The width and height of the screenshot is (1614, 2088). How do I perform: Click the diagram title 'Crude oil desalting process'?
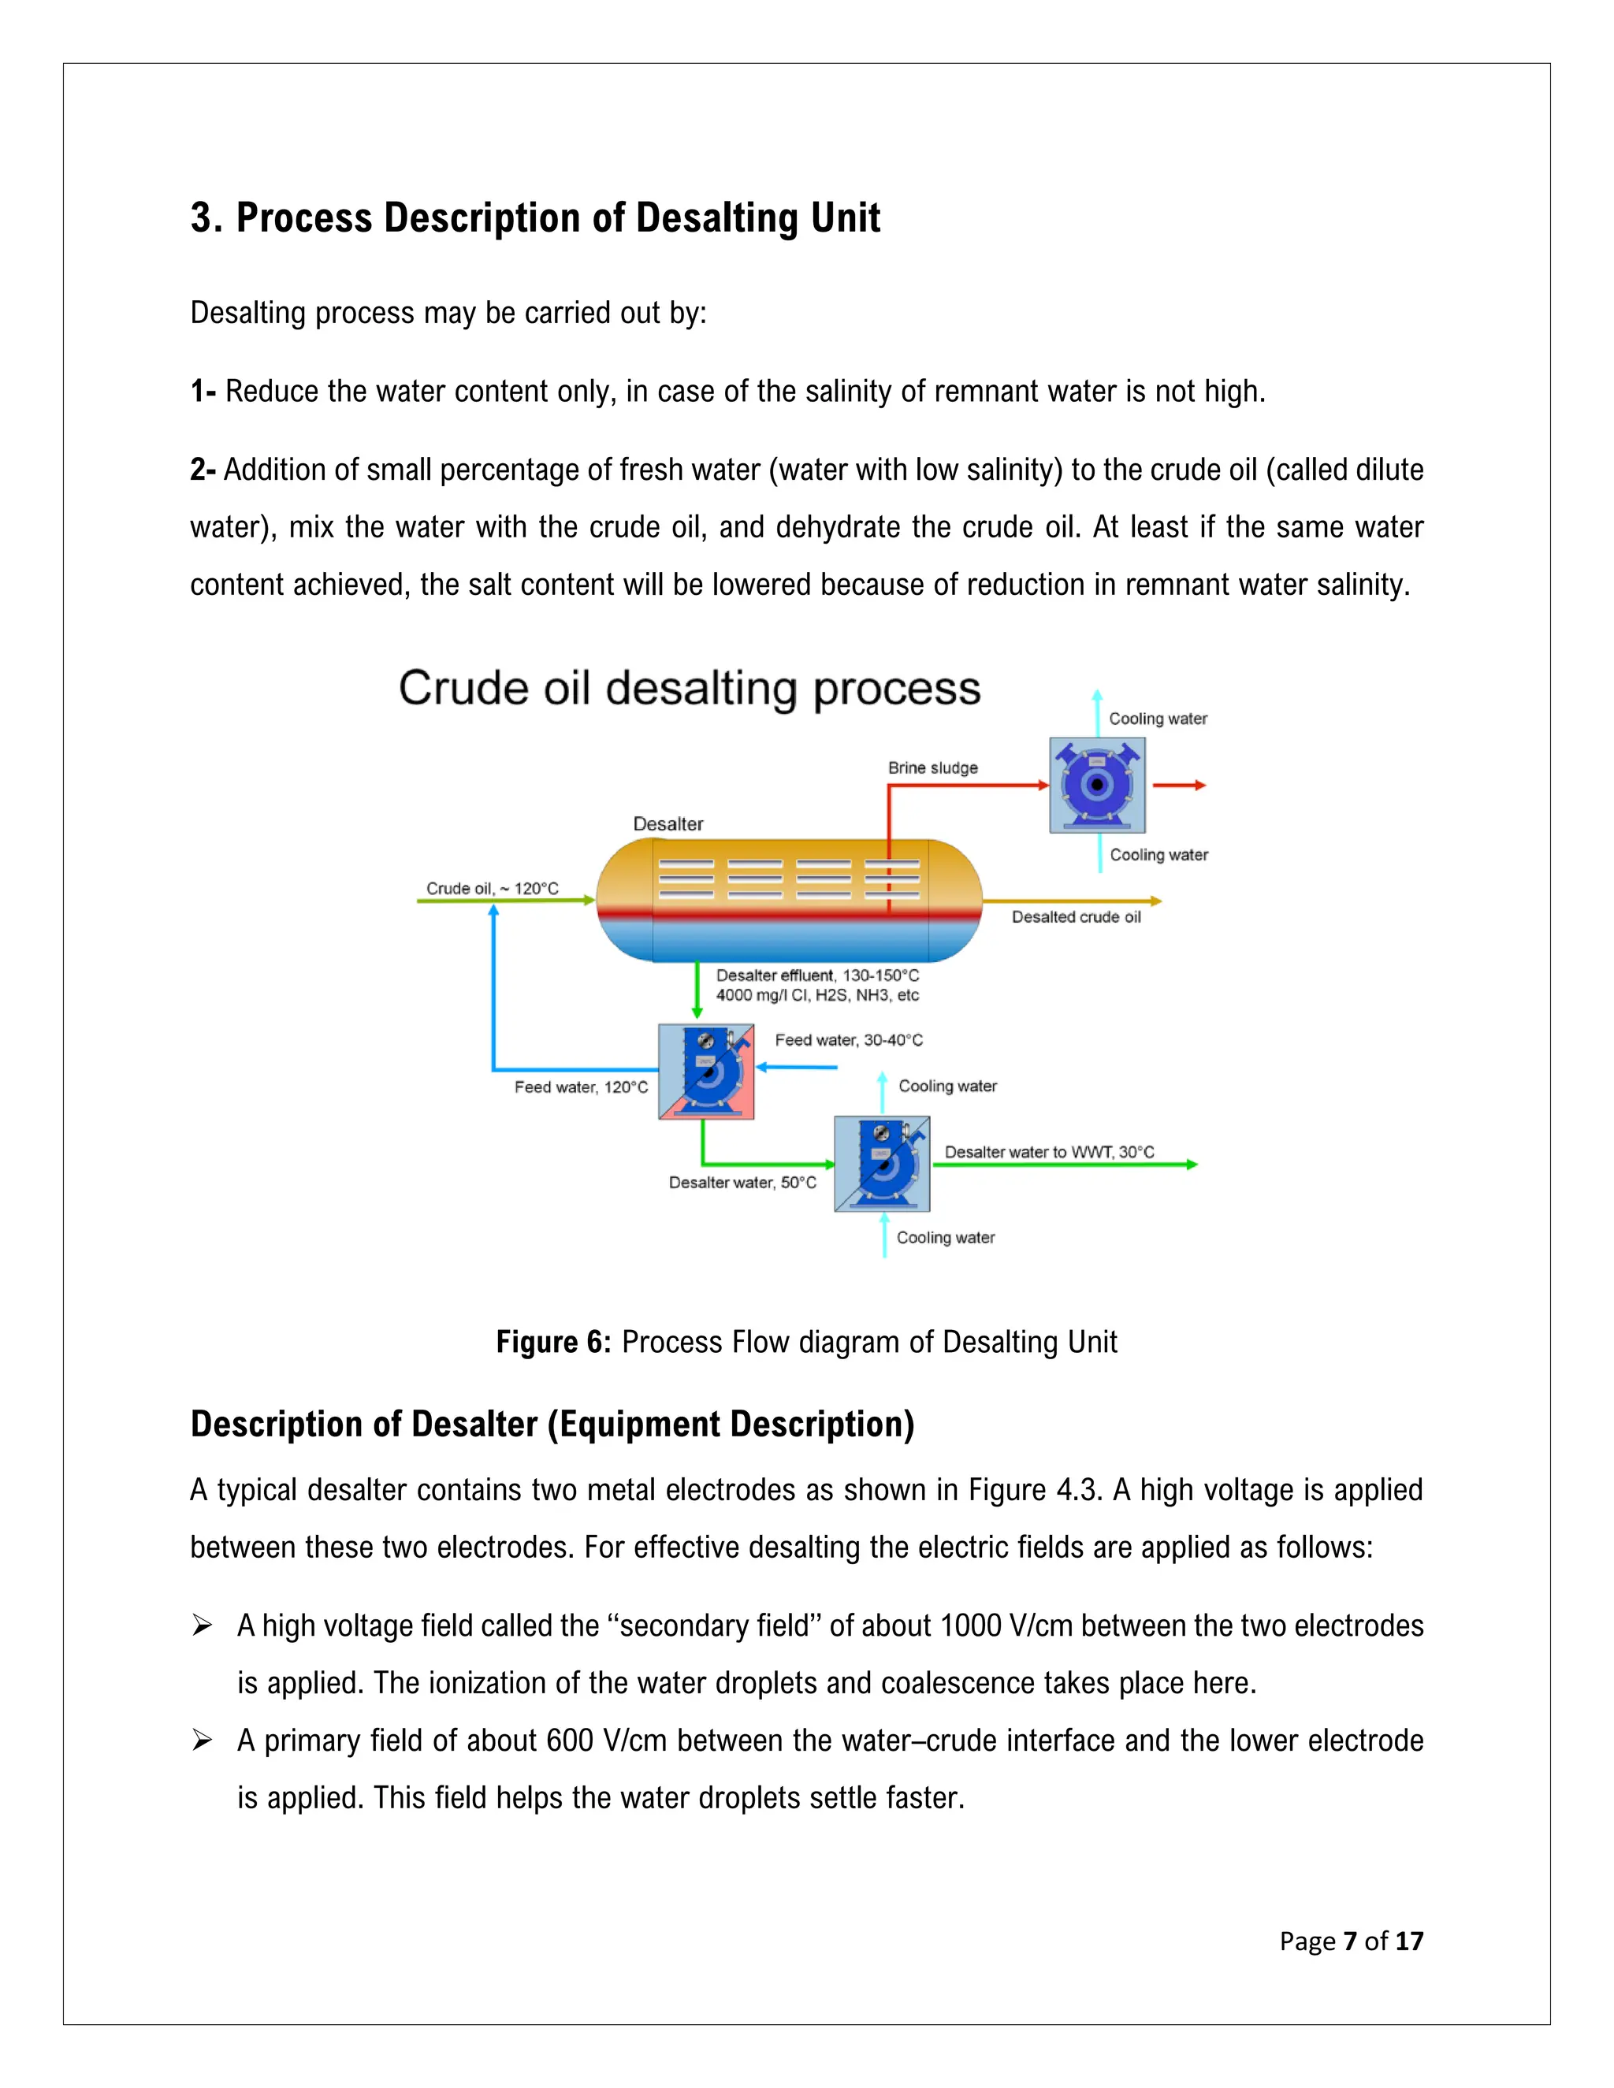click(x=690, y=689)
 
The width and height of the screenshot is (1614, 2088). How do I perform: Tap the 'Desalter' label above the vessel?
click(x=668, y=824)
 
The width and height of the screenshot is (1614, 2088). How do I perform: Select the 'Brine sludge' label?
click(x=932, y=767)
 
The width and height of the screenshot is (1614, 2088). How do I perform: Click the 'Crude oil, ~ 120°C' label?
click(x=492, y=888)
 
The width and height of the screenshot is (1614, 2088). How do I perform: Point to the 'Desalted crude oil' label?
click(x=1076, y=917)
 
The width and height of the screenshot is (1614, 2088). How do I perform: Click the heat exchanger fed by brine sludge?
click(x=1097, y=785)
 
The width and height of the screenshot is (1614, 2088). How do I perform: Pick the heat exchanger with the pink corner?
click(x=705, y=1072)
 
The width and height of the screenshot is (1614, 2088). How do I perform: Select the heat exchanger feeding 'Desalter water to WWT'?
click(x=882, y=1164)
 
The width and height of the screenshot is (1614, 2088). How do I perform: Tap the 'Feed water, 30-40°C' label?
click(x=848, y=1040)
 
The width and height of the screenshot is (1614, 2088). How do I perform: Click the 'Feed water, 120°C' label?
click(x=580, y=1087)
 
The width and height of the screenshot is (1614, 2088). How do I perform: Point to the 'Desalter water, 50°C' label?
click(x=742, y=1183)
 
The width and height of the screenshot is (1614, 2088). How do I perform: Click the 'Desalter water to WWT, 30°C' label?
click(x=1049, y=1152)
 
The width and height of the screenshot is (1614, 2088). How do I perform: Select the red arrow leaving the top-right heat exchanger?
click(x=1179, y=785)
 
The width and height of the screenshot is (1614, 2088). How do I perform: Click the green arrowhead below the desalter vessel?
click(x=697, y=1011)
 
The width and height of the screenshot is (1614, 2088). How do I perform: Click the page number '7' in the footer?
click(x=1349, y=1941)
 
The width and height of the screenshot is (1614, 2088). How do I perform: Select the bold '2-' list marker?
click(x=203, y=470)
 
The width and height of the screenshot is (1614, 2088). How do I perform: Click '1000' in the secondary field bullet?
click(x=969, y=1625)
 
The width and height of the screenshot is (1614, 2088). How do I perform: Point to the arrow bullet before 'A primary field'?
click(x=202, y=1740)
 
